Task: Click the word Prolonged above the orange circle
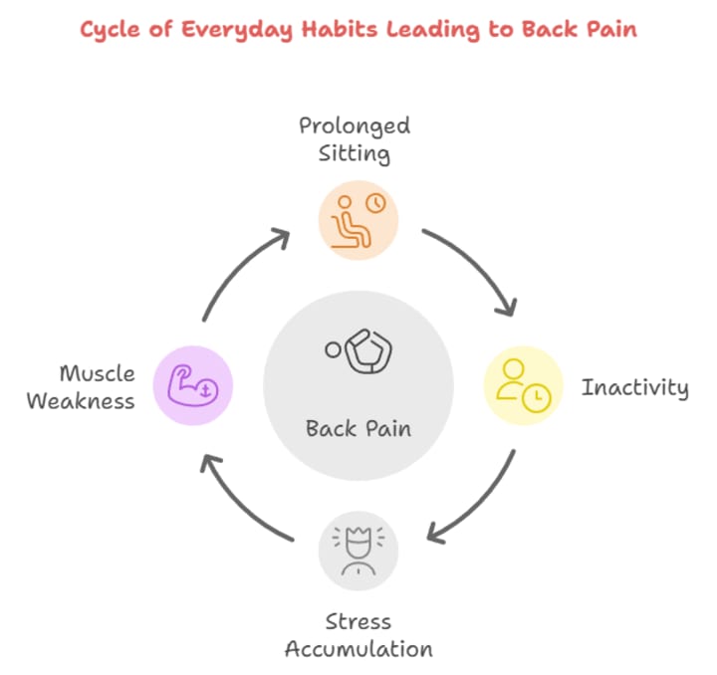click(355, 126)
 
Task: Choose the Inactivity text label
click(634, 387)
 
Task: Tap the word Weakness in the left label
click(81, 401)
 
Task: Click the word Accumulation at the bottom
click(358, 649)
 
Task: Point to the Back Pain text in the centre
click(358, 429)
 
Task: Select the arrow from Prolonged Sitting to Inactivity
click(476, 267)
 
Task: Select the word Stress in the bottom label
click(358, 623)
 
